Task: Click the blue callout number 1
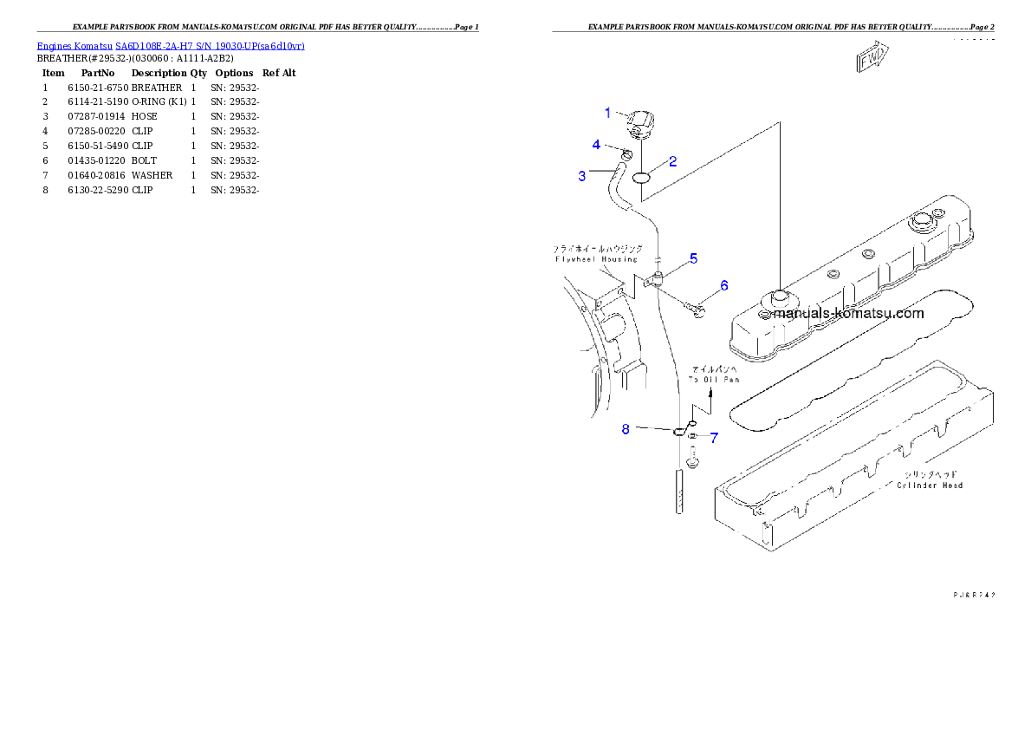(x=607, y=113)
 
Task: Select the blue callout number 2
(x=672, y=161)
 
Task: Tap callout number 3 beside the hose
(x=582, y=176)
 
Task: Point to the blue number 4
(x=596, y=144)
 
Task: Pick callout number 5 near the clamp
(x=693, y=258)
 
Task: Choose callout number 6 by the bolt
(x=723, y=285)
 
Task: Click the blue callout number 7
(x=713, y=438)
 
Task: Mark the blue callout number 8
(x=626, y=428)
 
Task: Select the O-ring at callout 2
(x=641, y=178)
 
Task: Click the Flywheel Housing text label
(x=596, y=258)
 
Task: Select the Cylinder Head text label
(x=930, y=486)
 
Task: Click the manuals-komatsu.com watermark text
(x=848, y=314)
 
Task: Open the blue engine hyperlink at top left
(x=170, y=45)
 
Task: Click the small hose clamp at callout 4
(x=625, y=155)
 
